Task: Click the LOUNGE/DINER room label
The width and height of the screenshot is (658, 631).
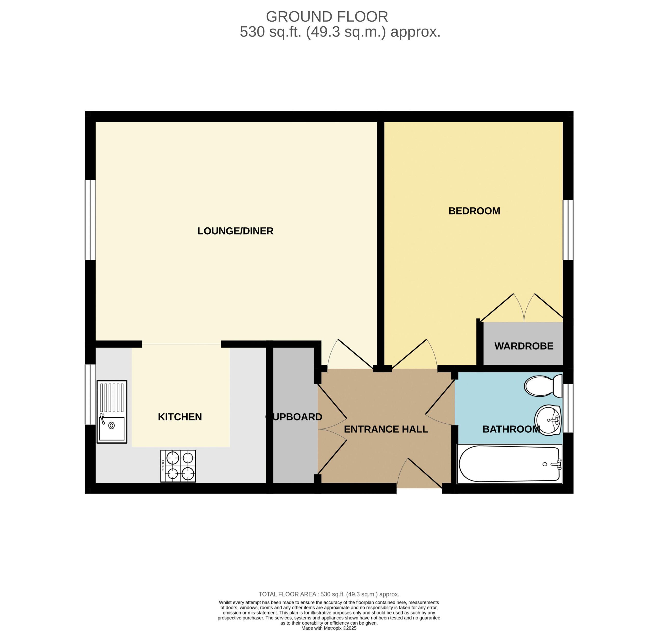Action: click(x=235, y=231)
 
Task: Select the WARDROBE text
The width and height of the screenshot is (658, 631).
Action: click(x=524, y=346)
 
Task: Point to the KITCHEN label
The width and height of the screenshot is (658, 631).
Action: click(x=180, y=417)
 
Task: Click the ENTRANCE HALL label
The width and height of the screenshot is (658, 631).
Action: click(x=386, y=429)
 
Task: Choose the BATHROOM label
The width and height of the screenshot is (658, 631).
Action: click(x=511, y=429)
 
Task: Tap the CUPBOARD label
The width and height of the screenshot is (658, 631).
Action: click(x=294, y=417)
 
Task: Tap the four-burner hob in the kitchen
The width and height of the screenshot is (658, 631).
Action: click(x=178, y=466)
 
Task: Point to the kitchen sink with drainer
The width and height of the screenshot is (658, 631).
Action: click(x=112, y=412)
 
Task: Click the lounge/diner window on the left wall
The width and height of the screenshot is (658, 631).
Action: click(x=90, y=220)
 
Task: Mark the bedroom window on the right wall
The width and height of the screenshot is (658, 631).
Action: click(x=568, y=230)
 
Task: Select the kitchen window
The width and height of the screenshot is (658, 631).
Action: click(x=90, y=394)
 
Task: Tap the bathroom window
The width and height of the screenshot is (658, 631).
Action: click(x=568, y=408)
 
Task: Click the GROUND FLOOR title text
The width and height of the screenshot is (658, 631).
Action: click(x=327, y=16)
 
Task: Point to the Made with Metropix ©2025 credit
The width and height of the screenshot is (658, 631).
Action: click(x=329, y=628)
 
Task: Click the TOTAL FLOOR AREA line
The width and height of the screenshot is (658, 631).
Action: click(x=329, y=594)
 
